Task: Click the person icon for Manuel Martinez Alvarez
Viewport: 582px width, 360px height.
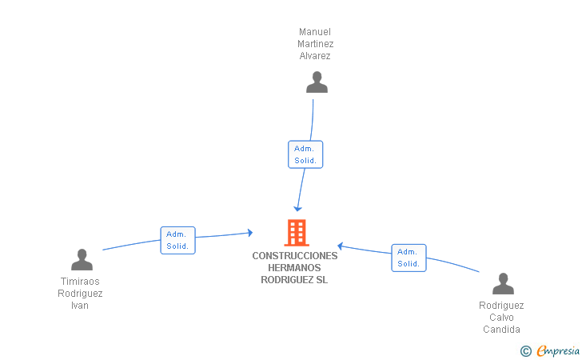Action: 317,82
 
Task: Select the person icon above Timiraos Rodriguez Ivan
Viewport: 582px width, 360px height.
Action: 82,260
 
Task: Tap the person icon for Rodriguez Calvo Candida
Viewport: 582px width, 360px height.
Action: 502,284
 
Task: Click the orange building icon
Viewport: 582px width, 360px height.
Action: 296,232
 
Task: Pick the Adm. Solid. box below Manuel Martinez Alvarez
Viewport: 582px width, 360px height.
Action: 305,154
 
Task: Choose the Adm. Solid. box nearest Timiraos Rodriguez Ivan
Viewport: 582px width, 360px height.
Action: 177,240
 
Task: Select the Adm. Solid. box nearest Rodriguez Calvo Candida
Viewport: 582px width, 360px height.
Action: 409,258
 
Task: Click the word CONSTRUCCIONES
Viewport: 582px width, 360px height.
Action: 295,256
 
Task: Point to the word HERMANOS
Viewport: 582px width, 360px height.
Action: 295,268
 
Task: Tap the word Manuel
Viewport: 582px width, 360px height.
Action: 315,32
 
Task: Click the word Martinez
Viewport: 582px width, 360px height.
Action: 315,44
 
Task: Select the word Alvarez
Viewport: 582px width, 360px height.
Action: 315,56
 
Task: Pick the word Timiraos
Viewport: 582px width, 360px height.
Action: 80,282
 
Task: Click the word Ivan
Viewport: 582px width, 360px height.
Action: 80,306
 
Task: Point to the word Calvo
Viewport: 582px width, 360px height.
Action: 501,318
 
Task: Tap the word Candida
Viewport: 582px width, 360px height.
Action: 501,330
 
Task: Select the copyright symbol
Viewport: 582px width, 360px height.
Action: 525,350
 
